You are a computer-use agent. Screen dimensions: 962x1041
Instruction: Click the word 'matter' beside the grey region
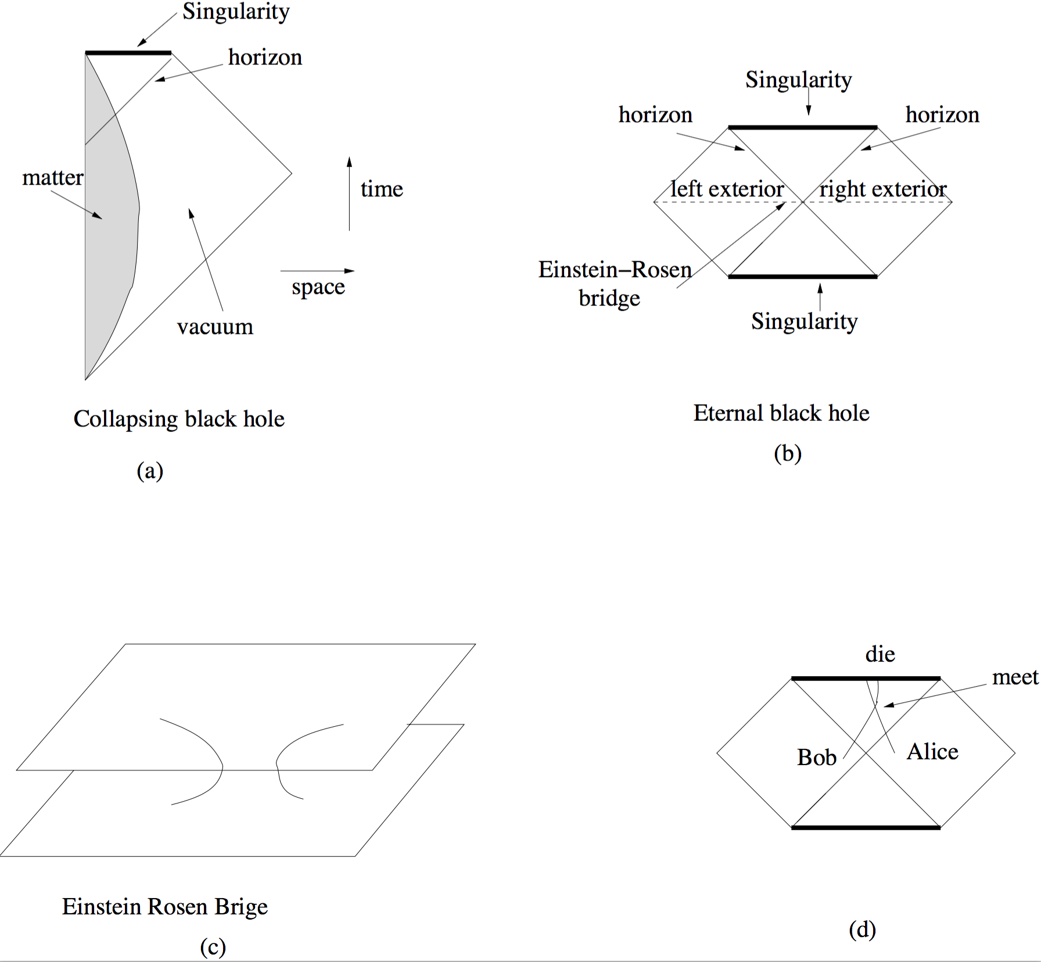[x=52, y=177]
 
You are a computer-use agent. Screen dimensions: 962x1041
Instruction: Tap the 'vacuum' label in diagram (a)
[x=215, y=327]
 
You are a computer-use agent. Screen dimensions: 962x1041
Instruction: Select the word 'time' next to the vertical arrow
[x=382, y=189]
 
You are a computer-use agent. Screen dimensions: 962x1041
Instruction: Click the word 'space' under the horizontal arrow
[x=318, y=287]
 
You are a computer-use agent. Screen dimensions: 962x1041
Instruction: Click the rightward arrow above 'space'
[x=317, y=271]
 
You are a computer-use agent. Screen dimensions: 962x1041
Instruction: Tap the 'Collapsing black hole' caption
[x=179, y=419]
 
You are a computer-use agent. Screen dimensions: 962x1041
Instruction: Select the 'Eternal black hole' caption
[x=781, y=413]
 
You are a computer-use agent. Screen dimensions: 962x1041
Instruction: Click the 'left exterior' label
[x=727, y=189]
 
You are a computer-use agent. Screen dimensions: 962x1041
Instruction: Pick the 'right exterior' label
[x=883, y=189]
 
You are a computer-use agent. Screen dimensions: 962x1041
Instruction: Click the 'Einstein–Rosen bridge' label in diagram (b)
[x=614, y=283]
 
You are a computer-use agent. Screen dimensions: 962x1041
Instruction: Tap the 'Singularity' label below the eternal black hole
[x=804, y=321]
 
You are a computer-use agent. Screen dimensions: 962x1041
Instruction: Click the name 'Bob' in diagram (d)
[x=816, y=758]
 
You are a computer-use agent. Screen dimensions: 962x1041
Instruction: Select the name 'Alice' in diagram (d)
[x=932, y=752]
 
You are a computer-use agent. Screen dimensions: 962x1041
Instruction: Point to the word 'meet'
[x=1015, y=677]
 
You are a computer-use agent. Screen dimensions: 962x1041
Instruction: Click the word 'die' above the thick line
[x=880, y=655]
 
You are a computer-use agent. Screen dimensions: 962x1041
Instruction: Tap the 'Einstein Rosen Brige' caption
[x=165, y=907]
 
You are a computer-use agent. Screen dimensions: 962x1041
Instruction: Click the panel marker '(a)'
[x=150, y=471]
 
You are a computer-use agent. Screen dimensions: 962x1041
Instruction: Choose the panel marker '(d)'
[x=862, y=930]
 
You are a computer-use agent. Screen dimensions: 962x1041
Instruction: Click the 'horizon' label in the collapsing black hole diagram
[x=265, y=58]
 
